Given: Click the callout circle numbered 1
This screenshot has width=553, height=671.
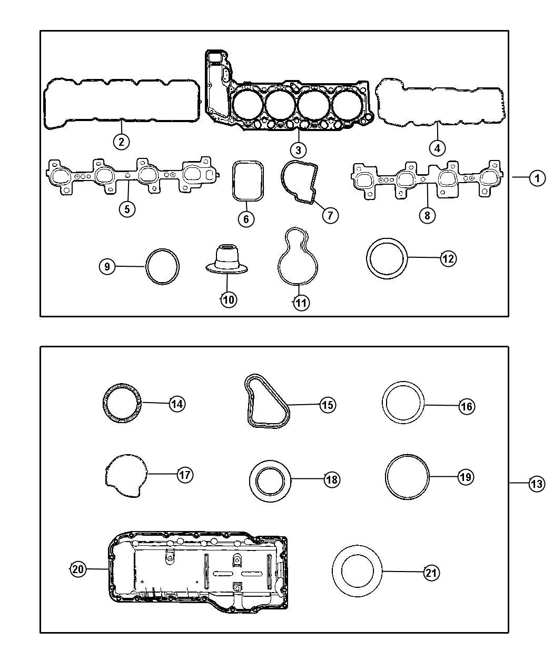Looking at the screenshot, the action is coord(537,178).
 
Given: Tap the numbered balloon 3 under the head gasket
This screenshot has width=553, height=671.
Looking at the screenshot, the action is coord(298,150).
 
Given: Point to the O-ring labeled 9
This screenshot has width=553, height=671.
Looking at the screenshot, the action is coord(146,266).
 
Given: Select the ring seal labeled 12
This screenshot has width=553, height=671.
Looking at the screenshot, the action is coord(368,259).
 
